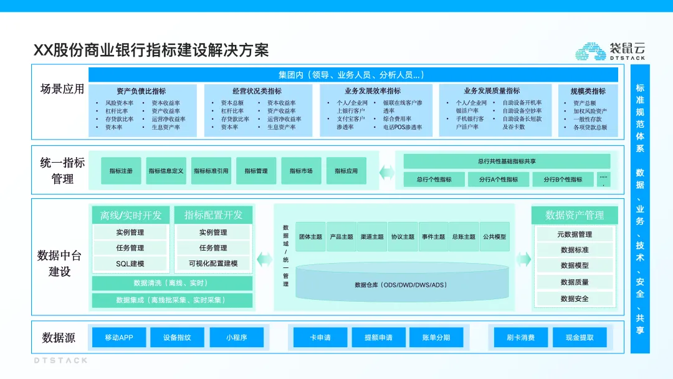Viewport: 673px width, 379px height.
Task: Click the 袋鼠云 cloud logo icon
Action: point(590,51)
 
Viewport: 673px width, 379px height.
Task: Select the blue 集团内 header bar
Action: point(353,75)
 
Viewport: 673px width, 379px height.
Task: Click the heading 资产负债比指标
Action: point(141,91)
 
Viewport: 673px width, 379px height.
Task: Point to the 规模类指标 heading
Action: point(588,91)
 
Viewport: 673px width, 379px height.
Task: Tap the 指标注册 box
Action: point(121,171)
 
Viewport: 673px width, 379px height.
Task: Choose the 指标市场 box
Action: point(301,171)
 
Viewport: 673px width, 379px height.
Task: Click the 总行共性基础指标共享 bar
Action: point(507,161)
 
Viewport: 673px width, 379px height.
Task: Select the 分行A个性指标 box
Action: point(499,180)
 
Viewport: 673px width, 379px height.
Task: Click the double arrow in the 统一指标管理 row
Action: point(388,171)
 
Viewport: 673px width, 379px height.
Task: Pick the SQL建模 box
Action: point(130,264)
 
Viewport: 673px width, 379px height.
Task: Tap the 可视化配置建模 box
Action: point(213,264)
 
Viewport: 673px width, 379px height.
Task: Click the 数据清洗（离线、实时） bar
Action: point(171,283)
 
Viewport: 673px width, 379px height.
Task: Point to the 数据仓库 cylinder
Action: point(401,285)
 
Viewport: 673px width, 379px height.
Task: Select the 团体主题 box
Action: point(310,237)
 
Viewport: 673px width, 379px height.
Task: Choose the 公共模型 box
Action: point(495,237)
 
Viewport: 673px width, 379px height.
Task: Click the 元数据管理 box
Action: point(575,234)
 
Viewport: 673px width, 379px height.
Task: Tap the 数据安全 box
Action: point(575,299)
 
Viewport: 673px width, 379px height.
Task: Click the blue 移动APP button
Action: point(119,338)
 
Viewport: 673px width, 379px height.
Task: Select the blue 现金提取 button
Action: point(580,338)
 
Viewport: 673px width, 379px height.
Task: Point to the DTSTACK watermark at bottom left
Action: point(60,360)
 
